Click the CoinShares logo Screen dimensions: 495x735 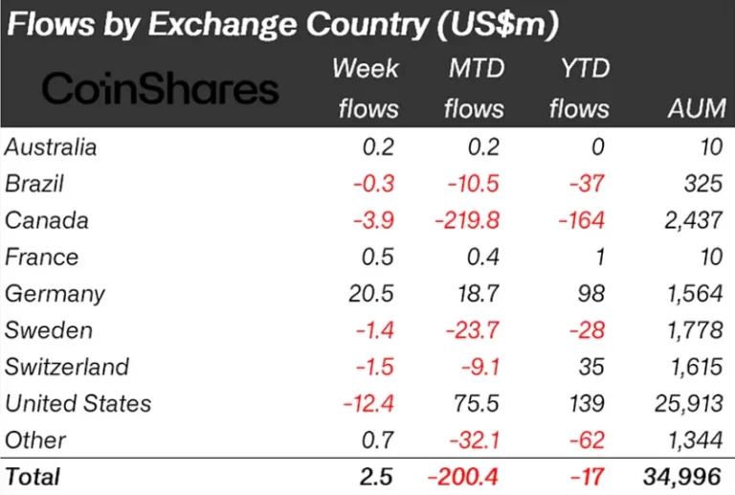[x=161, y=89]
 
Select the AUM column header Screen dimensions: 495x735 [x=696, y=108]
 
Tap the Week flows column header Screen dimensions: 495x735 [x=367, y=88]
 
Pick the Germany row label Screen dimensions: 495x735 [x=55, y=294]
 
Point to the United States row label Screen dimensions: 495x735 [x=78, y=403]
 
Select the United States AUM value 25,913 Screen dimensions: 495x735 [x=686, y=403]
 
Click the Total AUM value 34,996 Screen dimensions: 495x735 [x=680, y=476]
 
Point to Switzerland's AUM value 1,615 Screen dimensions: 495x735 [x=692, y=367]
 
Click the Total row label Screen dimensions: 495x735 [x=33, y=476]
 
